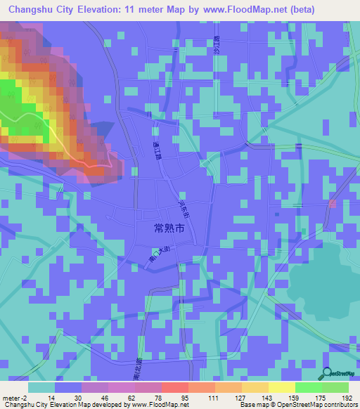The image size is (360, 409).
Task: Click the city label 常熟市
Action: [169, 228]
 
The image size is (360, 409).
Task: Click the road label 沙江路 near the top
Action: [217, 47]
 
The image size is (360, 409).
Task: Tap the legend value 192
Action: [346, 397]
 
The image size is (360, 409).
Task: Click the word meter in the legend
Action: [11, 397]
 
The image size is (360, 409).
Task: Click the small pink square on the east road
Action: [333, 204]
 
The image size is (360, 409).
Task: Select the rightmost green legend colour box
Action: [335, 387]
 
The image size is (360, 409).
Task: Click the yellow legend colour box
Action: [281, 387]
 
